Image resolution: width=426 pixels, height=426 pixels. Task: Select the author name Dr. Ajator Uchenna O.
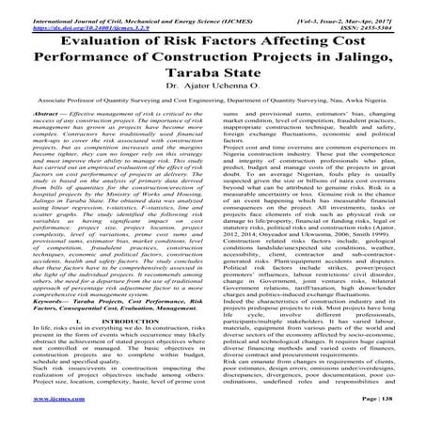(213, 98)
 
